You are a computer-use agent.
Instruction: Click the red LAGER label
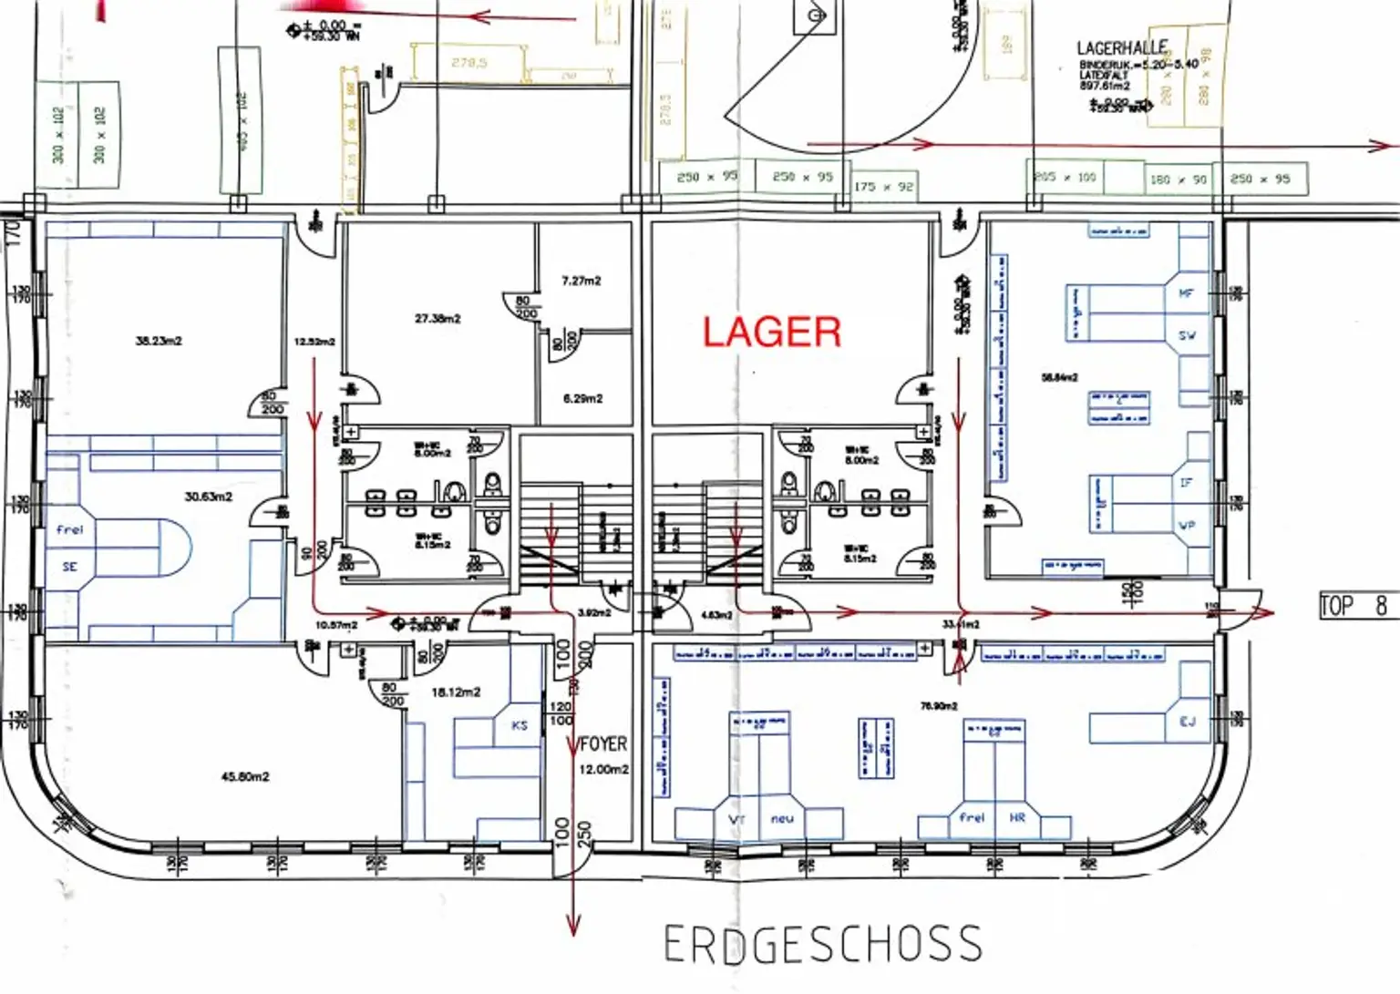[x=771, y=333]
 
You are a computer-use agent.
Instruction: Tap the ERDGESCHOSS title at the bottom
[x=822, y=944]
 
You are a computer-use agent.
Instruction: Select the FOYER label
[x=603, y=744]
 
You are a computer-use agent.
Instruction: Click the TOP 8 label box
[x=1355, y=605]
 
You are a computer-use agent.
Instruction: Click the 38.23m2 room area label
[x=159, y=341]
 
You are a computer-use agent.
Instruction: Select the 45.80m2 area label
[x=245, y=777]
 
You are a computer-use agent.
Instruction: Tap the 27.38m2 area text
[x=437, y=319]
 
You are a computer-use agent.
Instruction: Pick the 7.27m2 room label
[x=582, y=281]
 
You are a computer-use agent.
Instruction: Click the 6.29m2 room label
[x=582, y=398]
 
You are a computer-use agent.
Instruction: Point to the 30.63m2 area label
[x=209, y=497]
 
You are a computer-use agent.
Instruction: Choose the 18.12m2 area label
[x=456, y=692]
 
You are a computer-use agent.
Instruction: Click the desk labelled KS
[x=520, y=725]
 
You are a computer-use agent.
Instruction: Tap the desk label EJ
[x=1187, y=722]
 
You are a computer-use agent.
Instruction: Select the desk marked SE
[x=70, y=567]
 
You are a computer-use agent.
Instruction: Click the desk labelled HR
[x=1017, y=817]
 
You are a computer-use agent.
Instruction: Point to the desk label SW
[x=1187, y=335]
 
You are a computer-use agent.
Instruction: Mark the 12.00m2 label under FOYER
[x=603, y=769]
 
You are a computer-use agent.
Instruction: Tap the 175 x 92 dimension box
[x=883, y=187]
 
